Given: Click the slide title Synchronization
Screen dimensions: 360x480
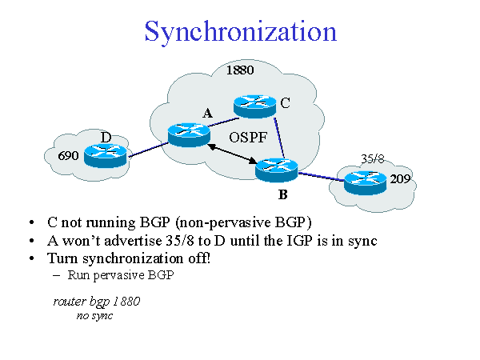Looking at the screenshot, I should click(x=240, y=32).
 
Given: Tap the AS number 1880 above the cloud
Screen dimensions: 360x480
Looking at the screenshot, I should click(x=240, y=70).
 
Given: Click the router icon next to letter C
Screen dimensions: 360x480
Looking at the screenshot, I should click(x=254, y=105).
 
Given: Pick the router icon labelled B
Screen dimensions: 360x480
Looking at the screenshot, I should click(x=276, y=169).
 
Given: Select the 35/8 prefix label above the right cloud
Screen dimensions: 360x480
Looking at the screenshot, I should click(x=373, y=158).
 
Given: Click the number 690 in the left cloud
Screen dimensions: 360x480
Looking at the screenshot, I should click(x=68, y=156).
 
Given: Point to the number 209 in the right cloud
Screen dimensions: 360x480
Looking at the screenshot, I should click(x=400, y=179).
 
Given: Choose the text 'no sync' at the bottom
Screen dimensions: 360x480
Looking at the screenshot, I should click(x=94, y=316).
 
